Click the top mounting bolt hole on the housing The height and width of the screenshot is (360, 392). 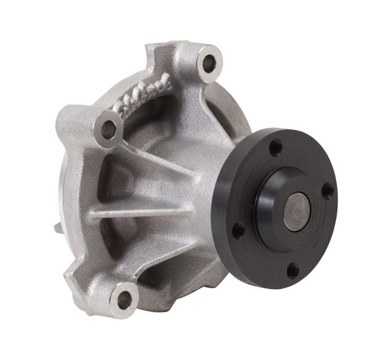209,63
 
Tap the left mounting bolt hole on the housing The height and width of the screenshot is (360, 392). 108,128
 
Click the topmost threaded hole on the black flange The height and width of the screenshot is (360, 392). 275,147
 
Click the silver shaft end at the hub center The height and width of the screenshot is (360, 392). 296,211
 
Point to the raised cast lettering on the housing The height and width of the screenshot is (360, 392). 142,96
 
